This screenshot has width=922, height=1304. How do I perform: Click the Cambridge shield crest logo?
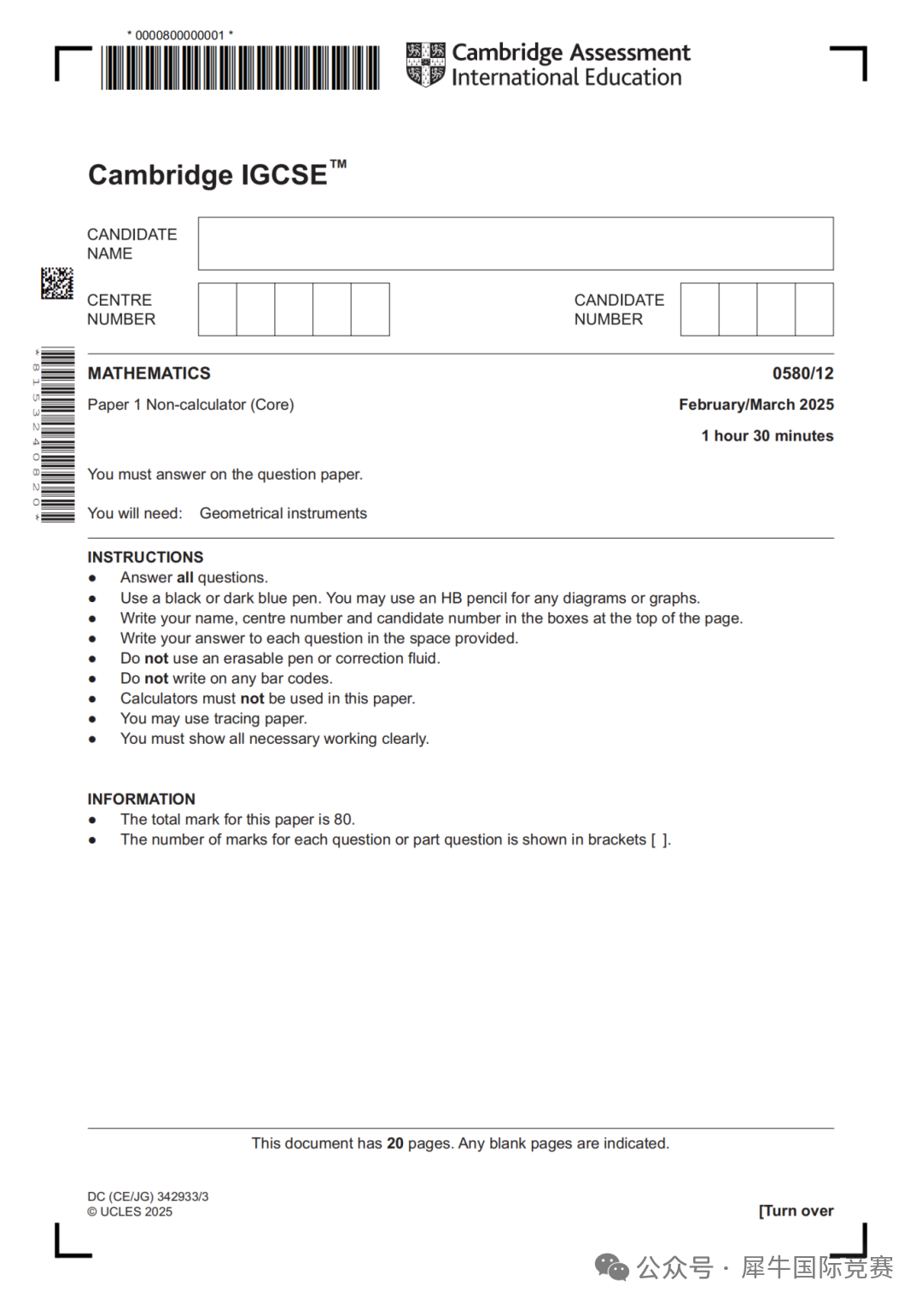[x=425, y=65]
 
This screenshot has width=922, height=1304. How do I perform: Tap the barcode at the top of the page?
[x=240, y=67]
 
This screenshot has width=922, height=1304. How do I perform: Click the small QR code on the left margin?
[x=57, y=283]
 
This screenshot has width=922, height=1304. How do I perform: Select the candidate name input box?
[x=516, y=243]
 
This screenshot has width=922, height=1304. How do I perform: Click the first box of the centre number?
[x=218, y=309]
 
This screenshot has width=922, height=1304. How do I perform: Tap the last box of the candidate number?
[x=814, y=309]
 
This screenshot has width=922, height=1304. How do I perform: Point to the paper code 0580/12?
[x=802, y=373]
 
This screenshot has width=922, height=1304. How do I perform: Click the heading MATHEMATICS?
[x=149, y=373]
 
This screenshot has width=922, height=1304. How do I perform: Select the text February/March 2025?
[x=756, y=405]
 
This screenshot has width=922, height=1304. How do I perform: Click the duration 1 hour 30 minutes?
[x=767, y=436]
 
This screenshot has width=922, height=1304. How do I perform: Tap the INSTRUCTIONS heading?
[x=145, y=557]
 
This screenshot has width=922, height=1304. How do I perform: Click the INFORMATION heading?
[x=141, y=799]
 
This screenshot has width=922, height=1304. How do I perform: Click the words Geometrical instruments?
[x=283, y=513]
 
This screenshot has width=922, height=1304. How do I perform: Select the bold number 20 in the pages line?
[x=395, y=1143]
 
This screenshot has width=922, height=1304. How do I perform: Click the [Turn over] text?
[x=796, y=1211]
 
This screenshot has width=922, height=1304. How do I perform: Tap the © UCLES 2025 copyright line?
[x=130, y=1212]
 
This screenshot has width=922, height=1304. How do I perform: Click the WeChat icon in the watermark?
[x=611, y=1267]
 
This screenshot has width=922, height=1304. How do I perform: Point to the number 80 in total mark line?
[x=343, y=820]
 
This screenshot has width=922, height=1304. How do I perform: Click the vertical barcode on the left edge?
[x=57, y=435]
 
